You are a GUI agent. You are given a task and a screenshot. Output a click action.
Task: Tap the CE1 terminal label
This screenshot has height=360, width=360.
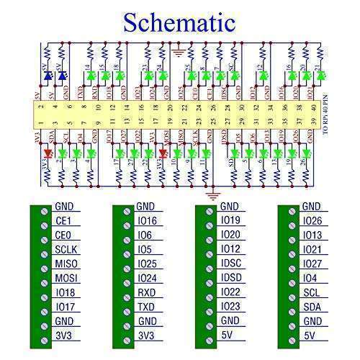[63, 221]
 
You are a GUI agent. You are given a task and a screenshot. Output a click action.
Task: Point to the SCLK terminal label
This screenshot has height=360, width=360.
[66, 249]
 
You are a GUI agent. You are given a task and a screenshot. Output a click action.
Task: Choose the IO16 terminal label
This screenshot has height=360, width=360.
[146, 221]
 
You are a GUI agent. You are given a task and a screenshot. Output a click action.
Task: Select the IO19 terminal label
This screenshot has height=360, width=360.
[230, 221]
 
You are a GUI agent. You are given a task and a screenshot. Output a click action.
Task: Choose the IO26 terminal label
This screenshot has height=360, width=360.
[312, 221]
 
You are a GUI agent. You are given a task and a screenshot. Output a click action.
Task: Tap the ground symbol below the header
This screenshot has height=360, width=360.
[212, 193]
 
